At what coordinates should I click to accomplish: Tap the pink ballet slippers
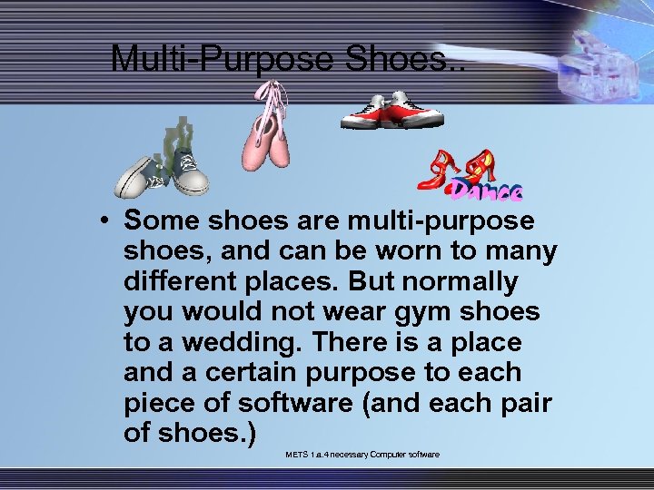coord(264,136)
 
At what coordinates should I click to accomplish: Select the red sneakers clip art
coord(391,112)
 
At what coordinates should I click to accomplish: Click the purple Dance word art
coord(487,190)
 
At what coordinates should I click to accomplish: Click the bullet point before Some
coord(107,221)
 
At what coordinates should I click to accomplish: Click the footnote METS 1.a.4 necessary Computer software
coord(362,454)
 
